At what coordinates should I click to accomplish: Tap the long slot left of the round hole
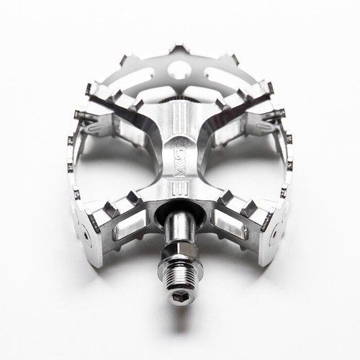pos(151,73)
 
